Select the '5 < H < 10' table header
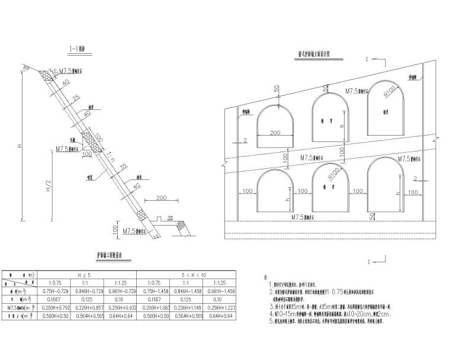[186, 274]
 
